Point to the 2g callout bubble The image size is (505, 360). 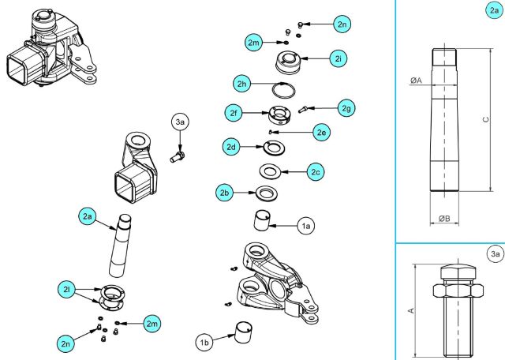pyautogui.click(x=346, y=107)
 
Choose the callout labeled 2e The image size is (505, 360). pyautogui.click(x=321, y=133)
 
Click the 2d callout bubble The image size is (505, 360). pyautogui.click(x=231, y=147)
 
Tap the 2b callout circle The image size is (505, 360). pyautogui.click(x=225, y=192)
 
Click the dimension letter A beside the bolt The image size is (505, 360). pyautogui.click(x=410, y=311)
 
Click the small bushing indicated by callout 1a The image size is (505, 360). pyautogui.click(x=261, y=219)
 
